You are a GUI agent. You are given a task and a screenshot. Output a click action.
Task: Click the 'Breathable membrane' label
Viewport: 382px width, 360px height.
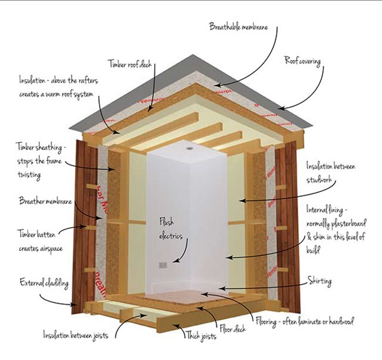(x=239, y=27)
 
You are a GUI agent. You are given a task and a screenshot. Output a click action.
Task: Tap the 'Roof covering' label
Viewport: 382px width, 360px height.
(x=302, y=61)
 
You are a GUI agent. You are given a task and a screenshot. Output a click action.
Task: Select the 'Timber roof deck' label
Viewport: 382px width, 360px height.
(x=130, y=64)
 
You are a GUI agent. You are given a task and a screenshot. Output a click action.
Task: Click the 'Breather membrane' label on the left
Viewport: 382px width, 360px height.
(x=46, y=201)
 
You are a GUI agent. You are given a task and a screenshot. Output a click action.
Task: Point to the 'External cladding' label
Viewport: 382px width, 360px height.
(x=44, y=283)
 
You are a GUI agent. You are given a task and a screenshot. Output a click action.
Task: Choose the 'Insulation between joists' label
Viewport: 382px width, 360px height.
(x=76, y=335)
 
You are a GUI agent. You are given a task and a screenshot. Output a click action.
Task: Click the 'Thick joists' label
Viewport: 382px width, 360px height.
(x=201, y=336)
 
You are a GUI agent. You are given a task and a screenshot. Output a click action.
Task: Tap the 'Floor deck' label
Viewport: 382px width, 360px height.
(x=232, y=329)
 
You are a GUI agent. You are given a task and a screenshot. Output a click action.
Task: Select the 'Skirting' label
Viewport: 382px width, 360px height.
(x=319, y=281)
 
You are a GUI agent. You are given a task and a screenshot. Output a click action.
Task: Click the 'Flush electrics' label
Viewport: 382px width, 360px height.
(x=171, y=229)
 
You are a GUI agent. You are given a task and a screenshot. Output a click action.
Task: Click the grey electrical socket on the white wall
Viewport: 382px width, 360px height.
(x=163, y=265)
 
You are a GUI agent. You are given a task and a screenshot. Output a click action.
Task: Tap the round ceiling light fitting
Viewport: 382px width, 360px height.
(x=189, y=148)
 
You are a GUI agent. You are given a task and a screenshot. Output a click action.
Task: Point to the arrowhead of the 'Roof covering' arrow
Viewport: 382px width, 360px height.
(x=281, y=108)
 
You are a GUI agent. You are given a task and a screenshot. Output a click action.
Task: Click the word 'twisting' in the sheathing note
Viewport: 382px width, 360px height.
(x=29, y=175)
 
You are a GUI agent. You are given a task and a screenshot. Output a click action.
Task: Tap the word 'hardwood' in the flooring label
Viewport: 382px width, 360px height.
(x=341, y=321)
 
